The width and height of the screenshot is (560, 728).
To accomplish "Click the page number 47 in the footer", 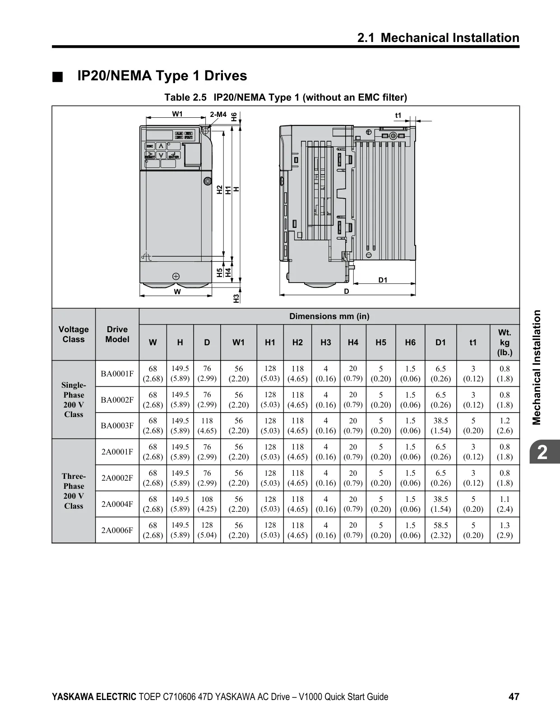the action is (x=514, y=697).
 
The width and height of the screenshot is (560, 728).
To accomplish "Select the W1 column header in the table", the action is (x=238, y=343).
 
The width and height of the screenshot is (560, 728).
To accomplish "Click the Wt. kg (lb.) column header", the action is (x=505, y=343).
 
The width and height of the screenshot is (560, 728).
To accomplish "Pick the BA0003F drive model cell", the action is (x=117, y=426).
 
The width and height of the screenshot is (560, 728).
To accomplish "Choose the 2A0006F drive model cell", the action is (x=117, y=530).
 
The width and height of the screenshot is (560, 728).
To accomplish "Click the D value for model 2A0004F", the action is (x=207, y=504).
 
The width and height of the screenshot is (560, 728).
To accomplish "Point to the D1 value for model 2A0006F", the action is (x=441, y=530).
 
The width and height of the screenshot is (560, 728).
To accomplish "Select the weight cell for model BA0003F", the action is (x=505, y=426).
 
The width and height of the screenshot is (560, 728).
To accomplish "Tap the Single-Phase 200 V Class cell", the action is (x=74, y=400).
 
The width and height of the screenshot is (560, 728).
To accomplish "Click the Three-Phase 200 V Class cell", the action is (x=74, y=491).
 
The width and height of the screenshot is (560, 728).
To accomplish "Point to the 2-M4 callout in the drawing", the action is (x=218, y=114).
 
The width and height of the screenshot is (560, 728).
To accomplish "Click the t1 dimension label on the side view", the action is (x=398, y=115).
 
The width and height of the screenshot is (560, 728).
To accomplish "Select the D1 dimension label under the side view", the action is (x=383, y=280).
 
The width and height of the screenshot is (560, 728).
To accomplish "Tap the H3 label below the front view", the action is (x=236, y=298).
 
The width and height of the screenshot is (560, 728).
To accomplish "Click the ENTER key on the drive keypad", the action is (x=174, y=155).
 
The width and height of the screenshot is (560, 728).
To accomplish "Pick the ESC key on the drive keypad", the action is (x=150, y=146).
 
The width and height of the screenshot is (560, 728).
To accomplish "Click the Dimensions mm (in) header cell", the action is (x=329, y=316).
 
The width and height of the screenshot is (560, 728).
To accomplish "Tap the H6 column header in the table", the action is (x=410, y=343).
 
